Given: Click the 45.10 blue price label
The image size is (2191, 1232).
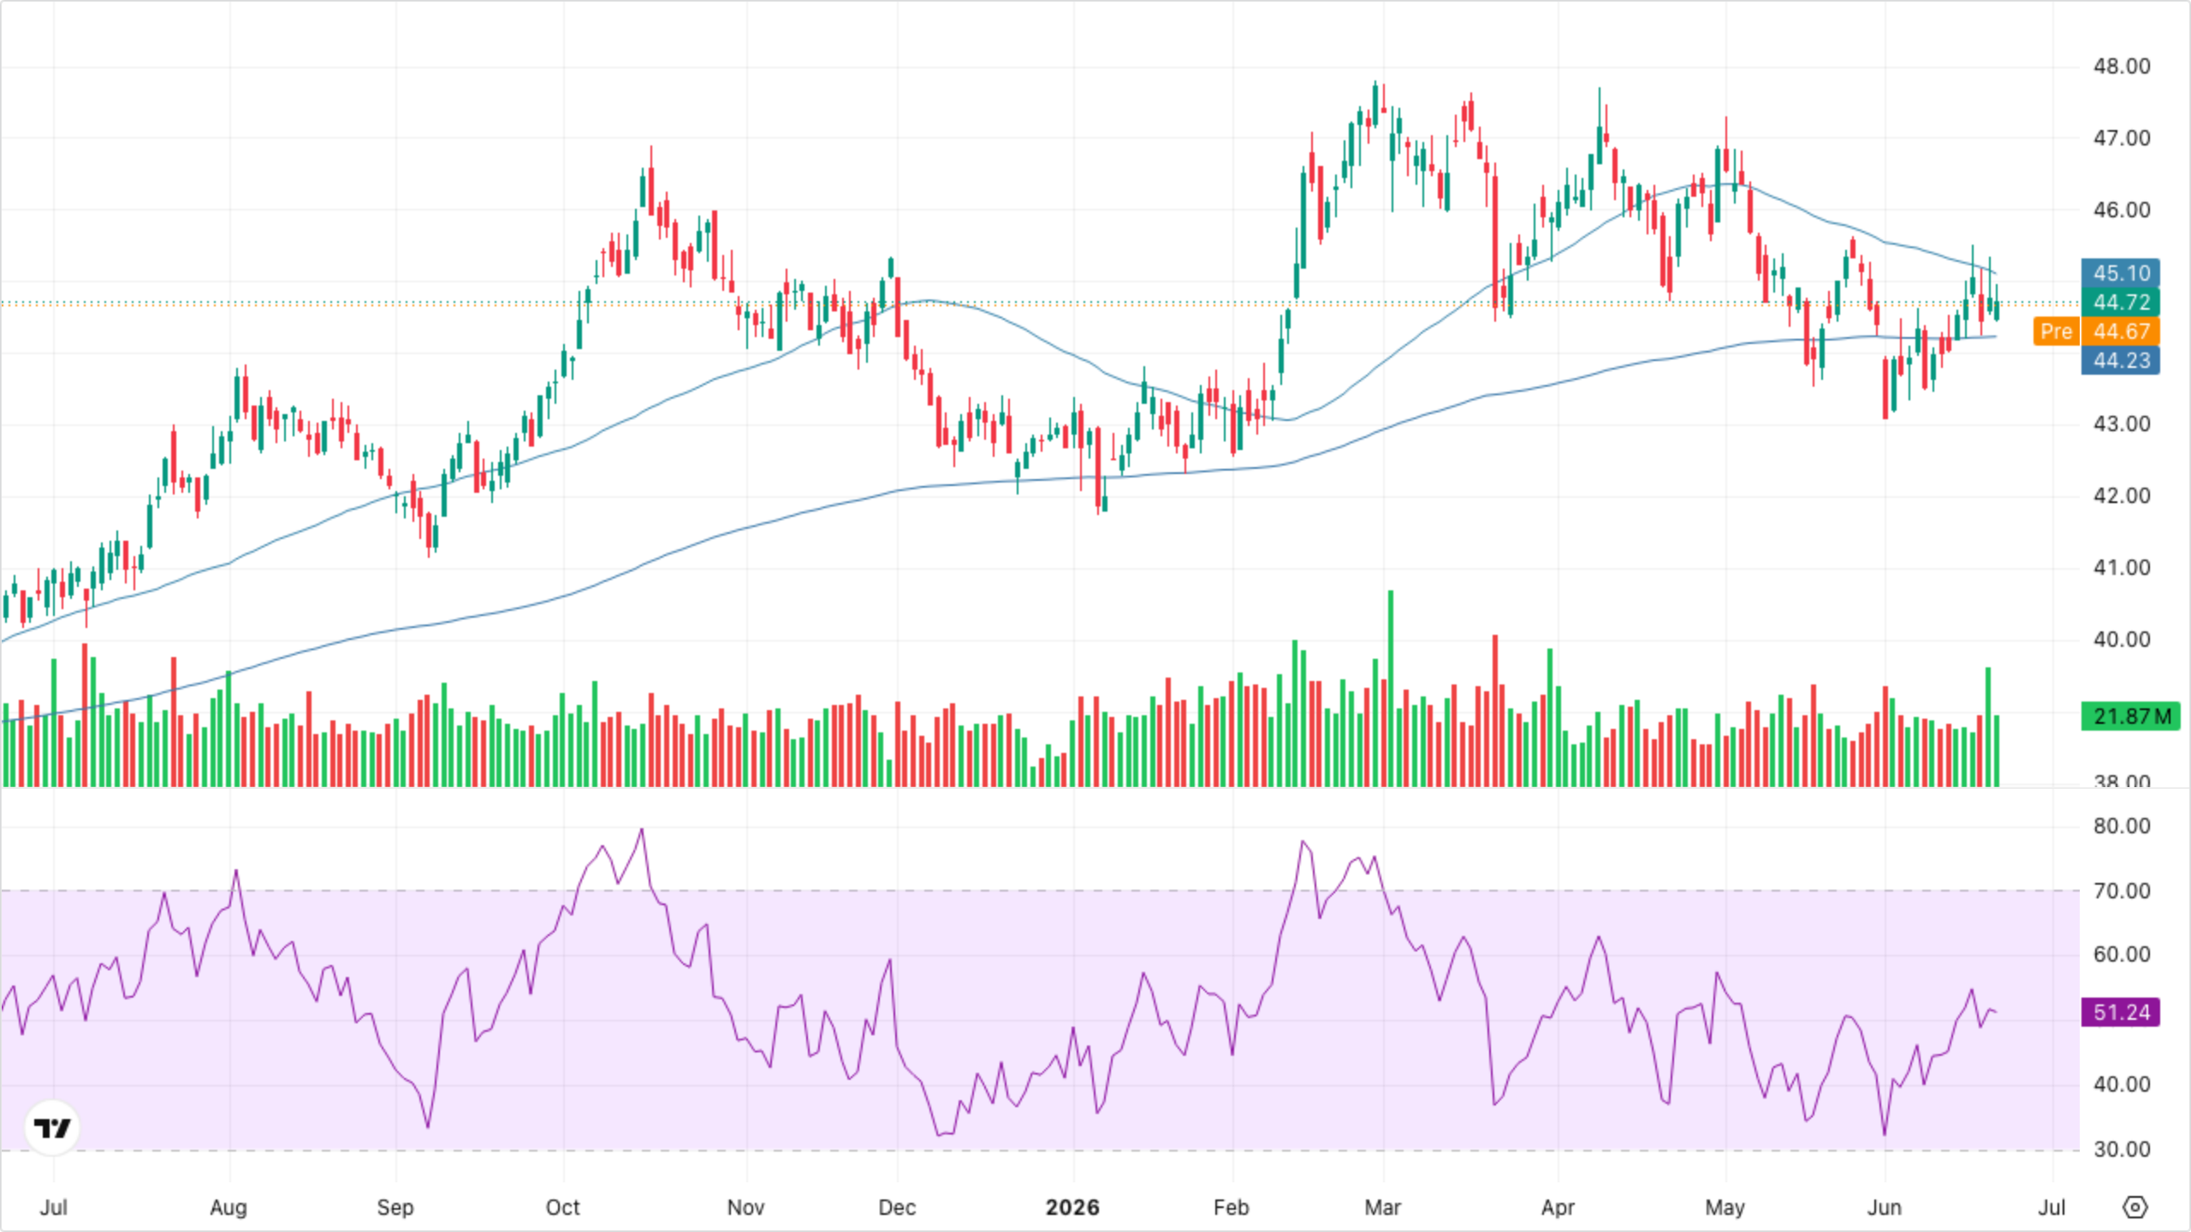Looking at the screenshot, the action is pyautogui.click(x=2120, y=273).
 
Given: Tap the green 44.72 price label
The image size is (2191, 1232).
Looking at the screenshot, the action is pyautogui.click(x=2120, y=302).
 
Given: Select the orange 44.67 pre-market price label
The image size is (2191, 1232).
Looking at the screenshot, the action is pyautogui.click(x=2120, y=331).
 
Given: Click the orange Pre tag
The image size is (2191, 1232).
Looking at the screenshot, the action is pyautogui.click(x=2056, y=331).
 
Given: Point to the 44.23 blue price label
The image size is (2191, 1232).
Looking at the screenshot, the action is pyautogui.click(x=2120, y=360).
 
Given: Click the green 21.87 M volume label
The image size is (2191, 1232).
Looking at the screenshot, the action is pyautogui.click(x=2131, y=716).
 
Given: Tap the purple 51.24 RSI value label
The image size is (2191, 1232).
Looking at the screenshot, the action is pyautogui.click(x=2120, y=1012).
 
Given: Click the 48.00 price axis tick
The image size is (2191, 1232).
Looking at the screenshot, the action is pyautogui.click(x=2122, y=66).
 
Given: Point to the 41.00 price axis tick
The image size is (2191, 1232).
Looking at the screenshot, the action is pyautogui.click(x=2122, y=567).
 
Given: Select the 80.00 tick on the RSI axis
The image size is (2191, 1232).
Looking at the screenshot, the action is pyautogui.click(x=2122, y=826).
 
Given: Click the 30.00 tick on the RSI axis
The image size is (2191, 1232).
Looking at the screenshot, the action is pyautogui.click(x=2122, y=1149).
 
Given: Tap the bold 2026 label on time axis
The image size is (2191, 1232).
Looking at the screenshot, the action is pyautogui.click(x=1072, y=1207).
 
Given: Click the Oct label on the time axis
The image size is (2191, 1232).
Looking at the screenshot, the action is pyautogui.click(x=563, y=1207).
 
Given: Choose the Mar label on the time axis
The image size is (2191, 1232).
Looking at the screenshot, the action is pyautogui.click(x=1382, y=1207).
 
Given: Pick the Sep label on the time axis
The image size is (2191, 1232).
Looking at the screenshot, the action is pyautogui.click(x=395, y=1207).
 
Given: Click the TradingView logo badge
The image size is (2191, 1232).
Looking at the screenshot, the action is pyautogui.click(x=52, y=1128).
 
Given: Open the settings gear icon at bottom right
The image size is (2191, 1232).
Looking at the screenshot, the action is pyautogui.click(x=2135, y=1207).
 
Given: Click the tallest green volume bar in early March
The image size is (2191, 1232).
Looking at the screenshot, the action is pyautogui.click(x=1391, y=688).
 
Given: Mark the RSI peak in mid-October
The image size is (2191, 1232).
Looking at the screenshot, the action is pyautogui.click(x=642, y=829).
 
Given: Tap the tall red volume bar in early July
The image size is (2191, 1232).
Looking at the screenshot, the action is pyautogui.click(x=85, y=714).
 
